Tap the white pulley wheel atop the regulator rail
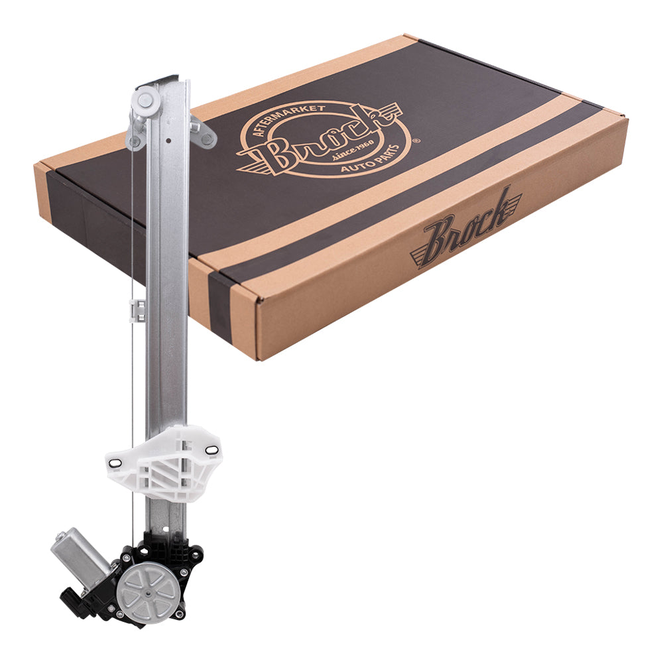[145, 100]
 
